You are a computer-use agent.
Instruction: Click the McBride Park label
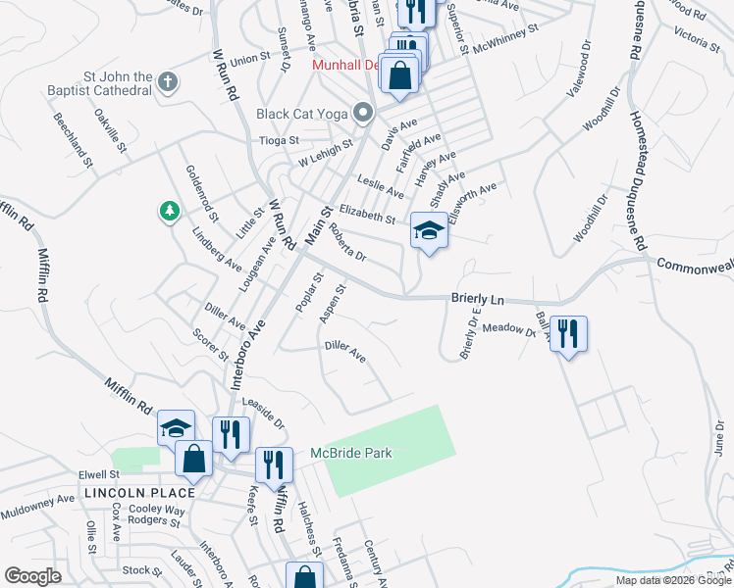tap(351, 453)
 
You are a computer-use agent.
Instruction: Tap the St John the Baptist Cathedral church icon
tap(168, 82)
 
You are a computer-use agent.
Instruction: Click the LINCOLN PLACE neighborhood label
tap(139, 492)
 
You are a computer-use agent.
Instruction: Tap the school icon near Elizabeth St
tap(429, 231)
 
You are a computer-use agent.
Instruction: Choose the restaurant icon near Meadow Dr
tap(568, 334)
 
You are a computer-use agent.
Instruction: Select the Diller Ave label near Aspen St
tap(345, 352)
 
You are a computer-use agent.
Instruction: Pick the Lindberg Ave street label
tap(217, 250)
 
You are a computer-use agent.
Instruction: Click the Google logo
tap(33, 576)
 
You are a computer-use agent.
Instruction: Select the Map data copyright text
tap(674, 580)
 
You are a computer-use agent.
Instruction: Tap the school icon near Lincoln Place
tap(176, 428)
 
